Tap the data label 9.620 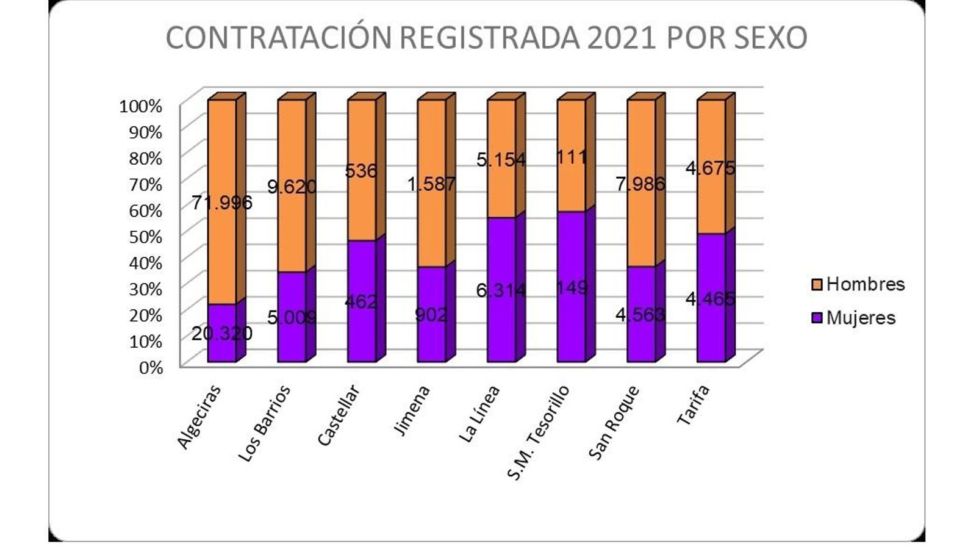(x=292, y=186)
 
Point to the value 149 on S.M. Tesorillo (x=572, y=287)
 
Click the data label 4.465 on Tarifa (x=710, y=299)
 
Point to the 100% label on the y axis (x=141, y=106)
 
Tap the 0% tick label (x=150, y=367)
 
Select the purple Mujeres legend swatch (x=817, y=318)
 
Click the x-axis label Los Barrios (x=264, y=425)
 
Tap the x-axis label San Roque (x=614, y=423)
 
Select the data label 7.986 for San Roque (x=640, y=184)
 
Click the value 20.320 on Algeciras (x=221, y=333)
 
